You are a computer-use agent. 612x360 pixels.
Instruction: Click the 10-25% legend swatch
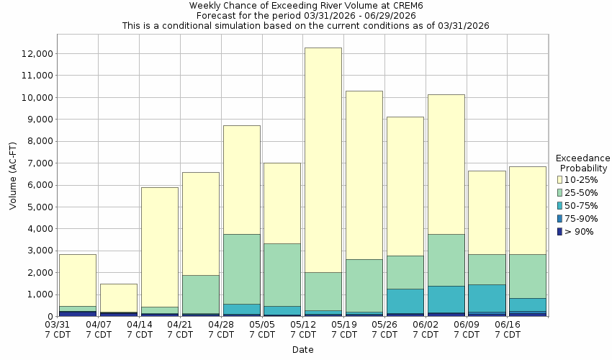coord(560,179)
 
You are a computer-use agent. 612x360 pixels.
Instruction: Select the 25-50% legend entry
coord(576,192)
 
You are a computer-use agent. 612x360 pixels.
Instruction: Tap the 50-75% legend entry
coord(576,205)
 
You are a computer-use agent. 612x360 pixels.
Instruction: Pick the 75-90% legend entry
coord(576,218)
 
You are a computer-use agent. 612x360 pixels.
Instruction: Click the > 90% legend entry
coord(576,231)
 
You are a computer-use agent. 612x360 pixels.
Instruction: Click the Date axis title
coord(302,350)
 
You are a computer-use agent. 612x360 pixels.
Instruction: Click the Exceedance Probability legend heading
coord(583,163)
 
